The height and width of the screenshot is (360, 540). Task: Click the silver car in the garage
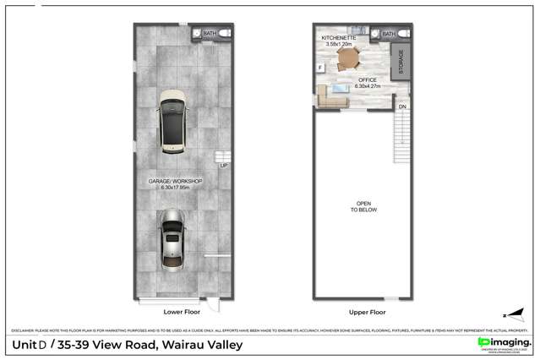click(173, 239)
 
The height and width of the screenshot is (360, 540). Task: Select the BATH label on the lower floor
click(209, 33)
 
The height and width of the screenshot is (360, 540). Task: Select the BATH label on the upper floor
click(389, 34)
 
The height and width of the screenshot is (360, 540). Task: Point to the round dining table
click(347, 58)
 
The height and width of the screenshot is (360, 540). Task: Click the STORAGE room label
click(401, 62)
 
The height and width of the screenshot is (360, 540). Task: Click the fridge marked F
click(320, 67)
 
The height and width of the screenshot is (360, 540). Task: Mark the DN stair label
click(402, 107)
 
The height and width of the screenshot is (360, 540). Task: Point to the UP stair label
click(223, 165)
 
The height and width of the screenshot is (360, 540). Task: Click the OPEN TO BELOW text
click(363, 208)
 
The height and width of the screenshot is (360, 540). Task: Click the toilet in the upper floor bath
click(402, 33)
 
